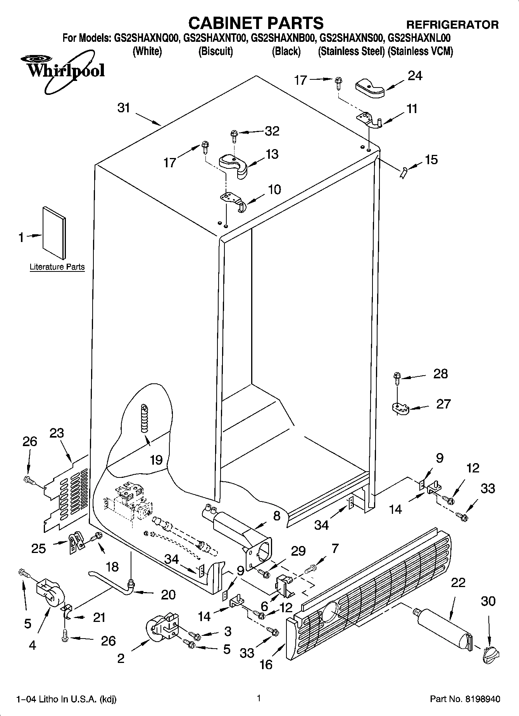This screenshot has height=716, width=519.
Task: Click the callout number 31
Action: pos(124,108)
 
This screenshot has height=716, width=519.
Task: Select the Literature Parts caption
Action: pos(57,267)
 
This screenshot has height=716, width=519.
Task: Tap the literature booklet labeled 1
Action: pos(54,232)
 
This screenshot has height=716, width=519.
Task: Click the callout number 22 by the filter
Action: pos(458,582)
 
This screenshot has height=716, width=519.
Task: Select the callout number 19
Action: pos(156,460)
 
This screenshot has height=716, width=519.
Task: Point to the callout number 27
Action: pos(443,404)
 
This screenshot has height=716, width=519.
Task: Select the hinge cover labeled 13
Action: pos(234,166)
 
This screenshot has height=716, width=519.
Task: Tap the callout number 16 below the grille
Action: pos(266,664)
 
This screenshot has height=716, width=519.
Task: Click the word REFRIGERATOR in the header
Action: pos(452,25)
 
